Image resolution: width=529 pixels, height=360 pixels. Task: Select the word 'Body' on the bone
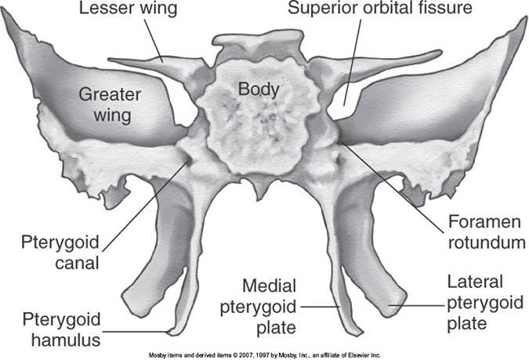click(x=259, y=89)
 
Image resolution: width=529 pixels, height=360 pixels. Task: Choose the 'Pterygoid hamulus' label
click(x=50, y=329)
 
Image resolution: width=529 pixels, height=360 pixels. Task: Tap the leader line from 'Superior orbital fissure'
click(x=349, y=63)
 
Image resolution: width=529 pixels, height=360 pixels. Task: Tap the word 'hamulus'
click(x=50, y=339)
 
